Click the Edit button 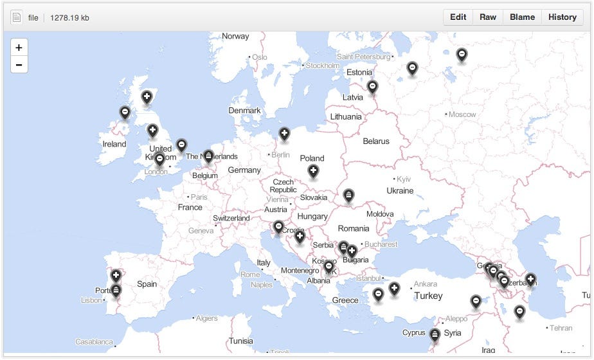(458, 17)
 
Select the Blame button (522, 17)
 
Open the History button (562, 17)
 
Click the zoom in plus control (19, 48)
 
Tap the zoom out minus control (19, 64)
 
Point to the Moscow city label (462, 114)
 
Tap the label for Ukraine (400, 190)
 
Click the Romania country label (354, 228)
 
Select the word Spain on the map (147, 283)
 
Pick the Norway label (235, 36)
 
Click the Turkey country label (428, 296)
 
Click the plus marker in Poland (313, 171)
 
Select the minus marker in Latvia (372, 87)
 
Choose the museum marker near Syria (435, 334)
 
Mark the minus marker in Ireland (125, 113)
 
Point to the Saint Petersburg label (364, 57)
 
